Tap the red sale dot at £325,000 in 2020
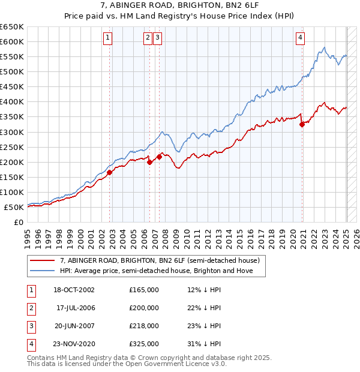[x=302, y=124]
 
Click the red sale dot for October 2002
[x=110, y=172]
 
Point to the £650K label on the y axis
[x=12, y=27]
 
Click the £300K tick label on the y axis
[x=12, y=132]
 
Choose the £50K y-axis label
[x=14, y=207]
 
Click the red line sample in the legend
[x=43, y=261]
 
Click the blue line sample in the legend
[x=43, y=271]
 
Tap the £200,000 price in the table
[x=144, y=308]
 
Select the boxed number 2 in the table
[x=31, y=308]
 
